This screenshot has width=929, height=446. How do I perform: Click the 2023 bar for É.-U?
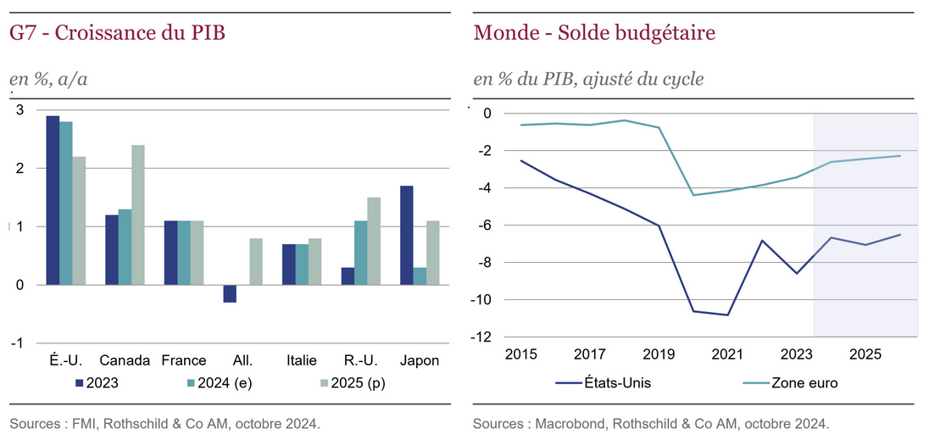tap(53, 200)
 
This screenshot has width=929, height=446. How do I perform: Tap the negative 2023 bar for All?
tap(231, 293)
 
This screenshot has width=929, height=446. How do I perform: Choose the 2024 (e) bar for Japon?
tap(420, 276)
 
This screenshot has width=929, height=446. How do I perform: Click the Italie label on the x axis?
tap(302, 360)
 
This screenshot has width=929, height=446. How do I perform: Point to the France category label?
tap(184, 360)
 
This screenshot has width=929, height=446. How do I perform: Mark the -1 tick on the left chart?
tap(17, 343)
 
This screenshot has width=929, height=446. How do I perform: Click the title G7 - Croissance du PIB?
tap(118, 34)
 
